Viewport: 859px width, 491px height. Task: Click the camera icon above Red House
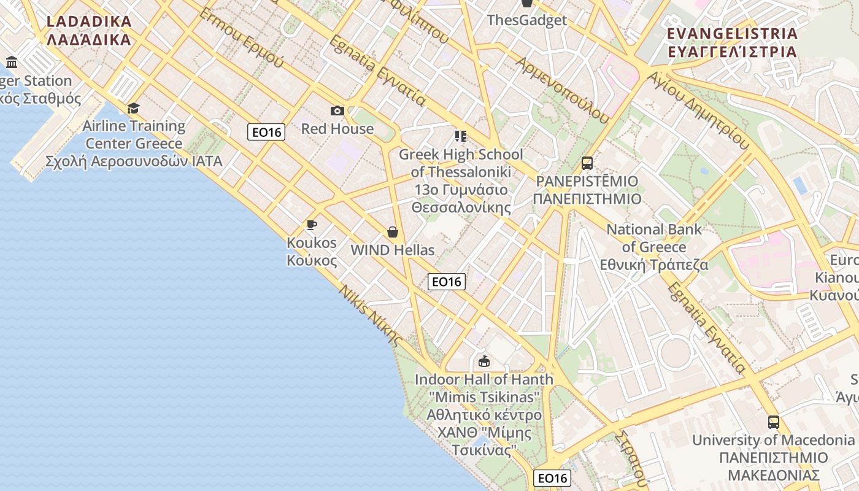(337, 110)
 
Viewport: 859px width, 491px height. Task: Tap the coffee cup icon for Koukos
(312, 225)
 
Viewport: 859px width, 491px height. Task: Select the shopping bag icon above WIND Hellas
(393, 232)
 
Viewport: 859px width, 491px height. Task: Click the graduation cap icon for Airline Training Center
(133, 109)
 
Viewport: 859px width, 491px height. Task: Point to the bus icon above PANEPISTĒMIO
(587, 163)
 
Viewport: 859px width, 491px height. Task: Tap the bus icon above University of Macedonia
(773, 422)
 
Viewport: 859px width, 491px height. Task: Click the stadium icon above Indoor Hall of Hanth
(484, 361)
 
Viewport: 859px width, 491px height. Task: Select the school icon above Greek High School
(461, 136)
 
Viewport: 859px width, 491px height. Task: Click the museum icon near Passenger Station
(12, 62)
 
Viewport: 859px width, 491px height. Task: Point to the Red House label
(337, 129)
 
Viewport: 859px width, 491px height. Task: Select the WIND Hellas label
(392, 250)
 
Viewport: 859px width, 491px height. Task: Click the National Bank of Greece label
(654, 247)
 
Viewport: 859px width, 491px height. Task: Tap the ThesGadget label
(526, 20)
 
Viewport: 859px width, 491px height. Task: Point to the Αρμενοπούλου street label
(562, 90)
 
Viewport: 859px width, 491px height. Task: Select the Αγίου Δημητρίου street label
(699, 110)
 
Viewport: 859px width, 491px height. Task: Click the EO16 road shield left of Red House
(266, 131)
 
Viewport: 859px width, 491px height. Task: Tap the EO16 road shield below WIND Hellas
(446, 282)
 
